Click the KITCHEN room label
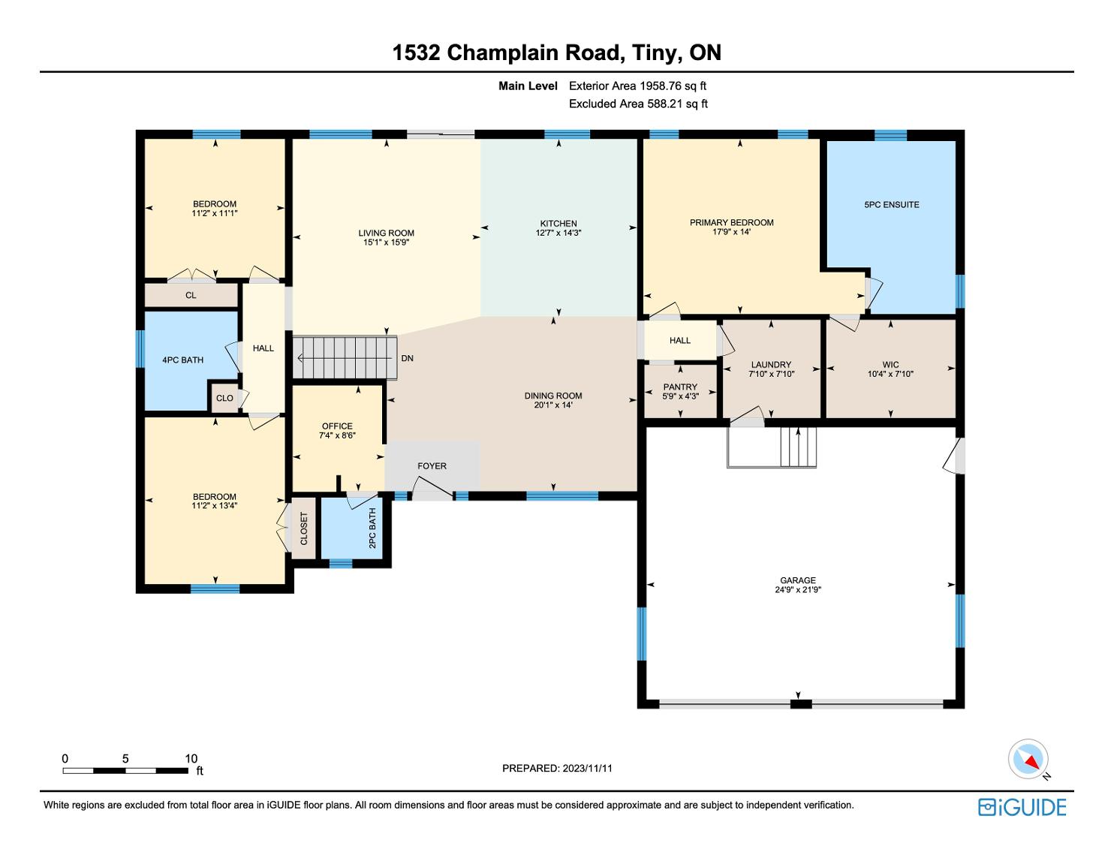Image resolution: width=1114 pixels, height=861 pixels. tap(559, 224)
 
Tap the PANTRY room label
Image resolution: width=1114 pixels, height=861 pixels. tap(680, 387)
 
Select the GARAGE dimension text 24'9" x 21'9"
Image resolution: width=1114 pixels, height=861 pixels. tap(798, 589)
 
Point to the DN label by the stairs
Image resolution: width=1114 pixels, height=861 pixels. tap(407, 358)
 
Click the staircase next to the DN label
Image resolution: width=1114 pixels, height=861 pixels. tap(345, 357)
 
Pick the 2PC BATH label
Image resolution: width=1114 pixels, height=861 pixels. tap(372, 528)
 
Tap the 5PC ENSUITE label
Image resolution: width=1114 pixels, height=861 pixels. tap(892, 204)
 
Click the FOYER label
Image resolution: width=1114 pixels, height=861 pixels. tap(432, 466)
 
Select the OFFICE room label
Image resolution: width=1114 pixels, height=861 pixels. tap(337, 426)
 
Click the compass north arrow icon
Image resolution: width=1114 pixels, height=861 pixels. tap(1028, 759)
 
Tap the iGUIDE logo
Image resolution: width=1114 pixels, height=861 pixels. tap(1022, 807)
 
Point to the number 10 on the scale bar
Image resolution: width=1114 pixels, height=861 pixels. tap(191, 758)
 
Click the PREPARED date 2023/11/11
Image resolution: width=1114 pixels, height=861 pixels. tap(588, 768)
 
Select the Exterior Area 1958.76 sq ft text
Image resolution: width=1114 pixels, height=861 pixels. tap(637, 86)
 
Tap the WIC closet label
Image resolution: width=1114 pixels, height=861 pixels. tap(890, 364)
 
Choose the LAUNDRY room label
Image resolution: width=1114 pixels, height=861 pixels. tap(771, 364)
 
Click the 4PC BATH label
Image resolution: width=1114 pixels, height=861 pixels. tap(182, 360)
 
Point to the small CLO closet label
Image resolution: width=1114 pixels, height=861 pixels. tap(224, 398)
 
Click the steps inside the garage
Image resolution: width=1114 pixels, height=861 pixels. tap(798, 447)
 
